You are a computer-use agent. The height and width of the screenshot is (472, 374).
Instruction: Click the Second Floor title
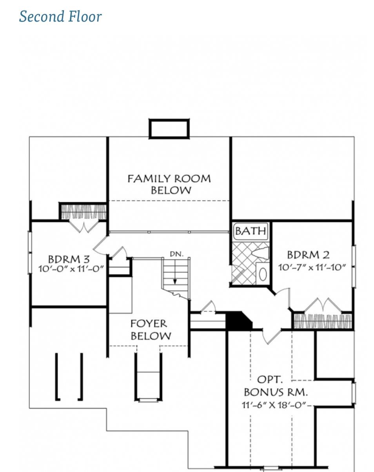tap(60, 16)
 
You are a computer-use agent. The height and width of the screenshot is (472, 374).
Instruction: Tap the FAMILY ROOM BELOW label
tap(169, 184)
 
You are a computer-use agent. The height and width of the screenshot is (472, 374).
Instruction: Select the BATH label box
tap(251, 231)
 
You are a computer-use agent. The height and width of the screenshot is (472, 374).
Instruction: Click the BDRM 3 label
tap(69, 259)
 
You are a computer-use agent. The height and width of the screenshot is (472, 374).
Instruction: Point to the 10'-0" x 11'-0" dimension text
tap(71, 269)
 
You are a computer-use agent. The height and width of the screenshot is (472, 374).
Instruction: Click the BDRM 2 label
tap(308, 255)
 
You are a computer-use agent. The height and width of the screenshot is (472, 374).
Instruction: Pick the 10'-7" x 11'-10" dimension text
tap(312, 267)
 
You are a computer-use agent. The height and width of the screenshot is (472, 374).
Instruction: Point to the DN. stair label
tap(176, 254)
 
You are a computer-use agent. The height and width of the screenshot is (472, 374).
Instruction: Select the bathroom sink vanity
tap(262, 273)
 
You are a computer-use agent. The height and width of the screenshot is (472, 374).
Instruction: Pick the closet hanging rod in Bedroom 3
tap(84, 212)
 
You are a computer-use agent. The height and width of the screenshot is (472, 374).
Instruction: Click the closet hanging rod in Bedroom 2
tap(323, 321)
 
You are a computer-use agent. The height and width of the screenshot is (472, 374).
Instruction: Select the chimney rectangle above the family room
tap(169, 129)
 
